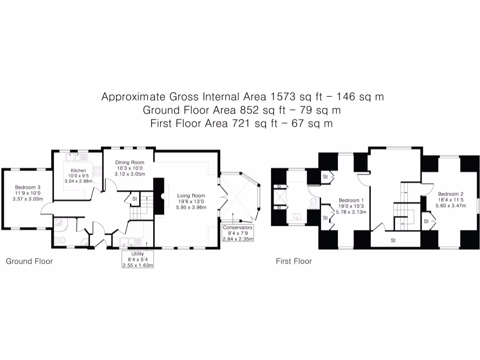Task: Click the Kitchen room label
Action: pyautogui.click(x=78, y=170)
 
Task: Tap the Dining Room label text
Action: pyautogui.click(x=130, y=162)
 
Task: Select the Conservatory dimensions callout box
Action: pyautogui.click(x=238, y=233)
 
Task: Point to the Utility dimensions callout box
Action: pyautogui.click(x=138, y=259)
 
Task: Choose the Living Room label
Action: pyautogui.click(x=191, y=195)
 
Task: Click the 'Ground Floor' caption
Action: pyautogui.click(x=29, y=261)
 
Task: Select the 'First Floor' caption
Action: pyautogui.click(x=293, y=261)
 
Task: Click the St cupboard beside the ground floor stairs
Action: pyautogui.click(x=135, y=199)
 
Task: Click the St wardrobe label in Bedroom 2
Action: pyautogui.click(x=427, y=221)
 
